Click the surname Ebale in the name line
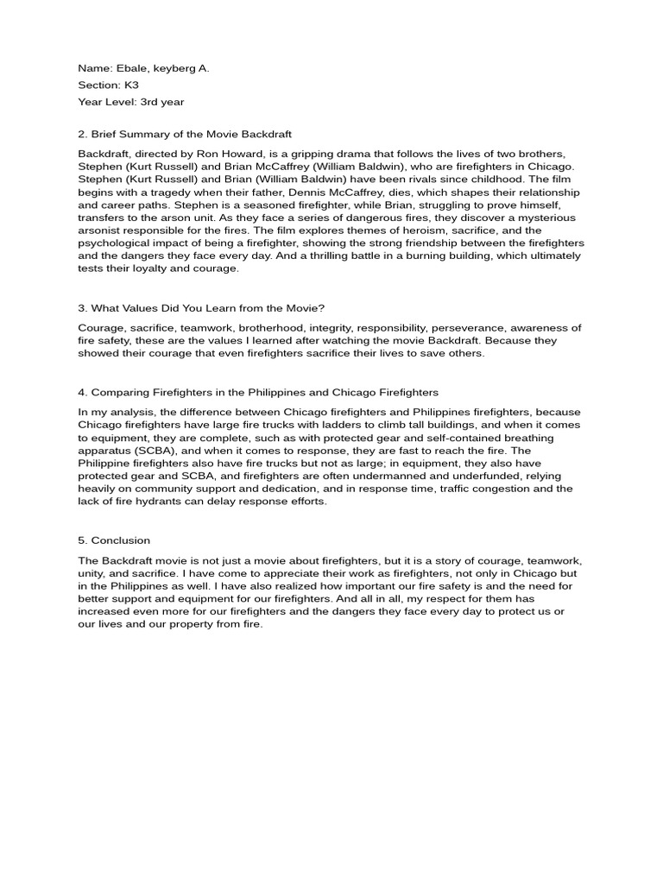click(x=126, y=67)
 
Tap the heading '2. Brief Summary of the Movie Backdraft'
click(x=185, y=134)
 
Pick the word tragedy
click(x=191, y=192)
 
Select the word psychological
click(x=115, y=243)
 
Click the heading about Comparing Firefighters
click(x=258, y=393)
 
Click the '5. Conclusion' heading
click(x=114, y=540)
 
